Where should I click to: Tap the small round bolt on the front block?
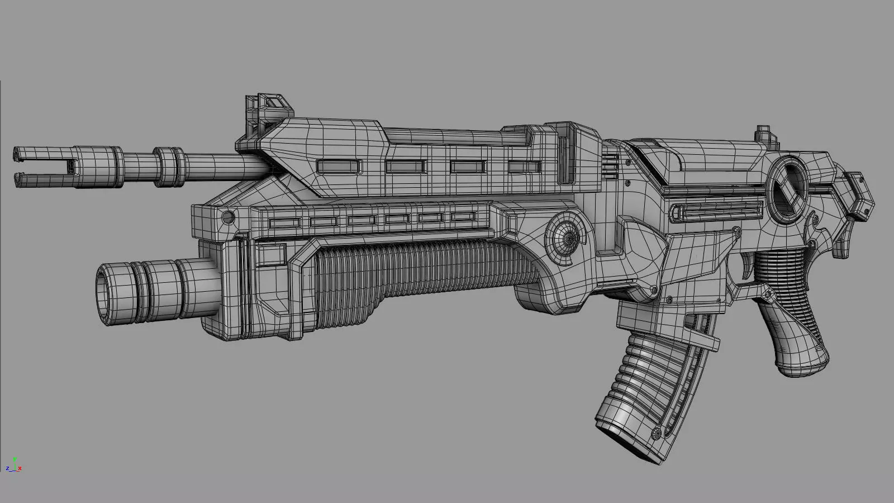(227, 216)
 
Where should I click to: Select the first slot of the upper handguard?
(339, 166)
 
